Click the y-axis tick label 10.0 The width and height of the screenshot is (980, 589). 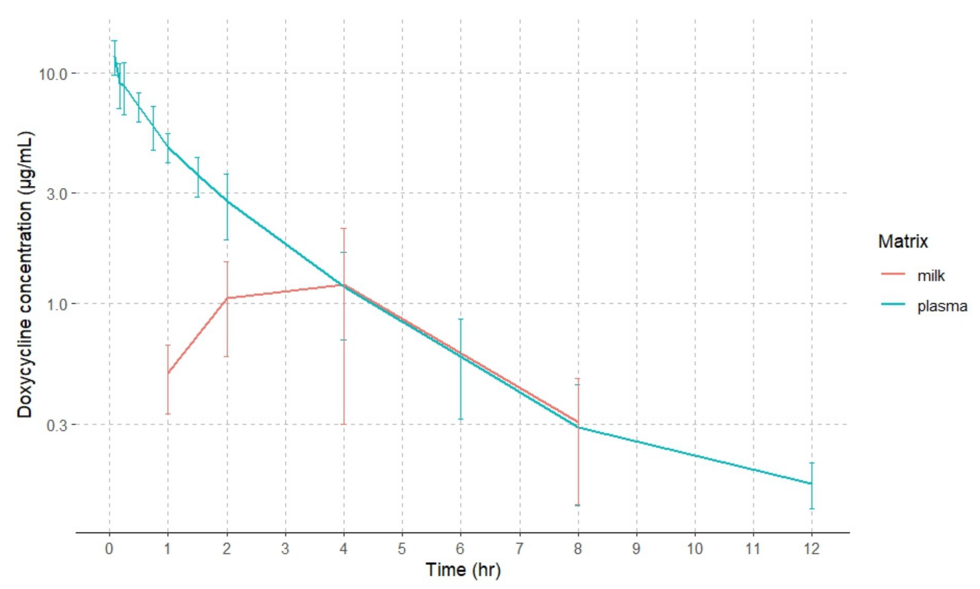53,74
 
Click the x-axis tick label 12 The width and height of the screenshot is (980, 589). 811,549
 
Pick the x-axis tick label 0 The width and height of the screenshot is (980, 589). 109,549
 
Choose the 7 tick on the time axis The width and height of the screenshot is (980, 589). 519,549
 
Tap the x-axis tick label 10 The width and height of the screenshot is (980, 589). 695,549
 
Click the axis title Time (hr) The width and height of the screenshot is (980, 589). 463,570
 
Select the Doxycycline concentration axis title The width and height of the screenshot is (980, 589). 25,275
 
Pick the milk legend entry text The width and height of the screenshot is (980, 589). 931,275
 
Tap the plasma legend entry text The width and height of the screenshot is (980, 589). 942,306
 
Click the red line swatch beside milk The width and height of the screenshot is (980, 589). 893,274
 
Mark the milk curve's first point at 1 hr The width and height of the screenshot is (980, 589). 168,373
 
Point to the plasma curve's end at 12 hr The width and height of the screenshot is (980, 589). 811,484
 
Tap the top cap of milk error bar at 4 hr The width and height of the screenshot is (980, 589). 344,229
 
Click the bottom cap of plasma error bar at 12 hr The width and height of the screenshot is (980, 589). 811,508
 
